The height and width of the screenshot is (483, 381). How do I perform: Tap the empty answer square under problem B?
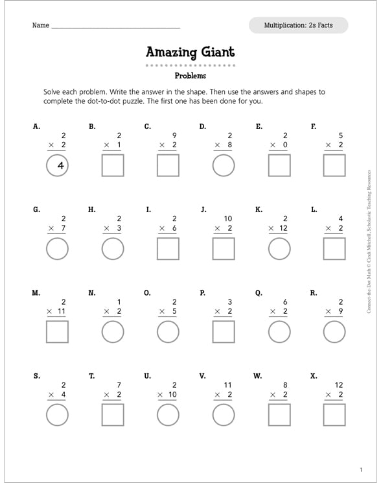[113, 166]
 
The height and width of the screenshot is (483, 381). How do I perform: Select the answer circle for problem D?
[224, 166]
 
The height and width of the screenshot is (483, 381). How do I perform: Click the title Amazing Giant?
[190, 52]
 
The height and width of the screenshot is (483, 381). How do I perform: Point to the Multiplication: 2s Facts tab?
[298, 25]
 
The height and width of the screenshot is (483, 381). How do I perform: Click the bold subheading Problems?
[190, 76]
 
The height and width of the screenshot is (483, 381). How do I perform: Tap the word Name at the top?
[40, 26]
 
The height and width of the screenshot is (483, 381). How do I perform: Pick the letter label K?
[259, 209]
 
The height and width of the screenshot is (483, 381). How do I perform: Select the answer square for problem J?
[224, 248]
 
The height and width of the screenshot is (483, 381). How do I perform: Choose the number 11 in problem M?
[62, 312]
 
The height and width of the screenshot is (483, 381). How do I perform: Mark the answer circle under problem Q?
[279, 331]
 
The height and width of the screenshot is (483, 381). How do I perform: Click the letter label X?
[314, 375]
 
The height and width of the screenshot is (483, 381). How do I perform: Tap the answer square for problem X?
[335, 414]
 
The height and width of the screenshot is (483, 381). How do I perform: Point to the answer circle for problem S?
[58, 414]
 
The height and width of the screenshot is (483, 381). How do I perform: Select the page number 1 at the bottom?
[361, 469]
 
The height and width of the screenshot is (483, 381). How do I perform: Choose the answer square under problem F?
[335, 166]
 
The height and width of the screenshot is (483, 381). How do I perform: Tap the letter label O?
[148, 292]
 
